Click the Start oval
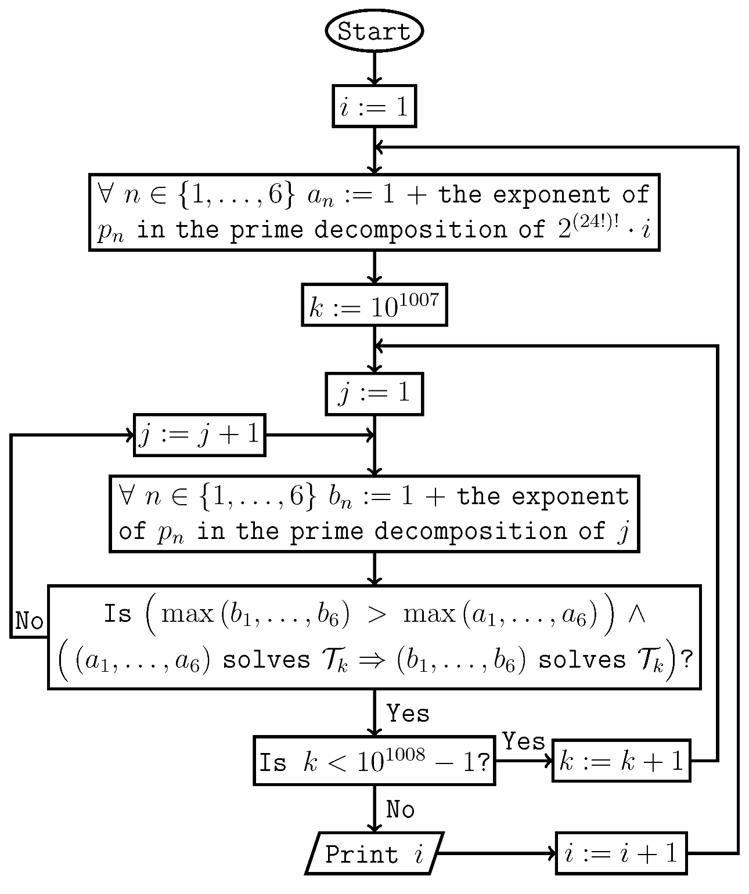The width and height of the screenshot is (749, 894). pos(374,31)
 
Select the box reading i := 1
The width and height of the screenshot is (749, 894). pos(374,106)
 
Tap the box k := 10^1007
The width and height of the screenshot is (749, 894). pos(374,305)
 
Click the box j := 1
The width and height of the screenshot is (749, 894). pos(374,394)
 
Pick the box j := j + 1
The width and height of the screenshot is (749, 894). pos(199,435)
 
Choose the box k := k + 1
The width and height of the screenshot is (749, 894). pos(621,761)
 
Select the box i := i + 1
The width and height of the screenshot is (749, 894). pos(621,853)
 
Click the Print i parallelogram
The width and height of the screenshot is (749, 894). pos(374,853)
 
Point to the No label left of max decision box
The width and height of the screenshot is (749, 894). pos(29,621)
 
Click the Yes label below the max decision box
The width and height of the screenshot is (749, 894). pos(408,714)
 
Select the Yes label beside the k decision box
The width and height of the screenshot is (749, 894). pos(524,741)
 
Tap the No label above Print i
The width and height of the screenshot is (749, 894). pos(400,809)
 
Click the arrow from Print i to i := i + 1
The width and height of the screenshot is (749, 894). pos(496,853)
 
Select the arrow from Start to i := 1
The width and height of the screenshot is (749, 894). pos(374,68)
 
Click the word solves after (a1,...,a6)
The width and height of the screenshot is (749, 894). pos(267,660)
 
